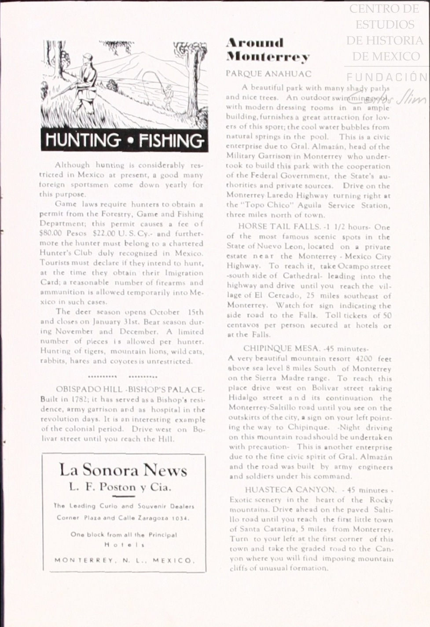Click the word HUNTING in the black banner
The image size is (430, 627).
[x=83, y=141]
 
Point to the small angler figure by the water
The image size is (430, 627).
[x=168, y=94]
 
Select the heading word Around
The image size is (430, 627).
[x=255, y=43]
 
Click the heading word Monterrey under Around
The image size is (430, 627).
[x=268, y=57]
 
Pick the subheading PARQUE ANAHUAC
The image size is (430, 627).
[x=268, y=73]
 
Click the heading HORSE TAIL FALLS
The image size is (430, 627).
[x=279, y=227]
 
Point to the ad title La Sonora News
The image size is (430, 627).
[x=123, y=471]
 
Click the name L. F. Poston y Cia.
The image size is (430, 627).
[x=120, y=487]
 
